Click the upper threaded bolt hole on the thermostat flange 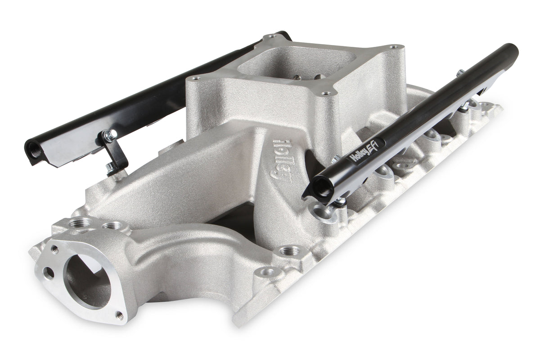pos(55,248)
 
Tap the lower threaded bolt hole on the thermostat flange pos(119,315)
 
